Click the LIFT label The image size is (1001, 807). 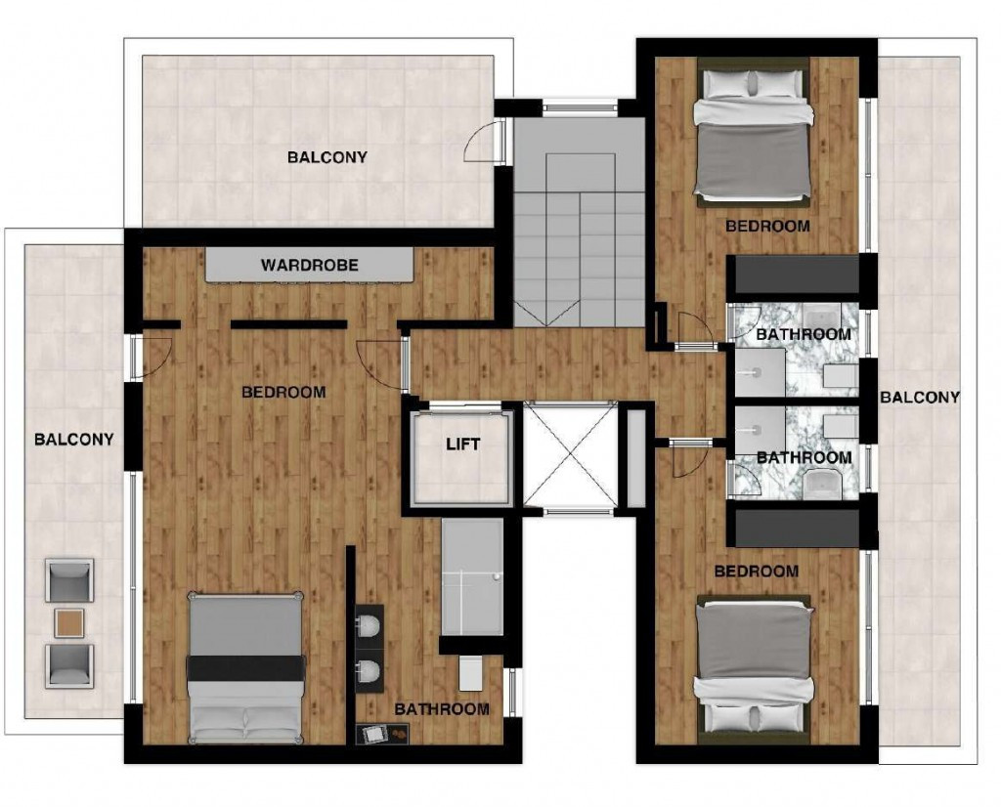[462, 445]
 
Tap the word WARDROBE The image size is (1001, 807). [309, 265]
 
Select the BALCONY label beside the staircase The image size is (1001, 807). [326, 156]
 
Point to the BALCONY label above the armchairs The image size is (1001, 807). [73, 439]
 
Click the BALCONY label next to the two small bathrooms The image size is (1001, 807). [920, 397]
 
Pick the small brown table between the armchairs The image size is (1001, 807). [69, 621]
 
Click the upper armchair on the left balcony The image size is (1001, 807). [69, 580]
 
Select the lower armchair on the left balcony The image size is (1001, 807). [69, 664]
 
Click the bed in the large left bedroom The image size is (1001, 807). [244, 668]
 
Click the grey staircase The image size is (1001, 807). [579, 234]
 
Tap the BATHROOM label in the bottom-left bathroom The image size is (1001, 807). [441, 709]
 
